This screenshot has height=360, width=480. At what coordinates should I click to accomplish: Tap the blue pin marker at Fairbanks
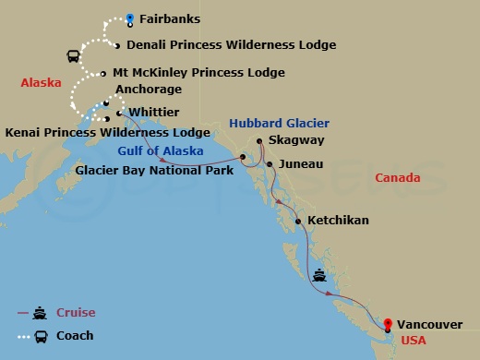(130, 17)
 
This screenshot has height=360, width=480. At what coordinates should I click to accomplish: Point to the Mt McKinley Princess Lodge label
(198, 72)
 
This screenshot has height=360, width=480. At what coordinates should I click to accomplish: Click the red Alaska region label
(41, 83)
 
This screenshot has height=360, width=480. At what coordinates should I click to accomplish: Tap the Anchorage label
(149, 90)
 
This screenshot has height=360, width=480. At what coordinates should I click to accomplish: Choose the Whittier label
(154, 112)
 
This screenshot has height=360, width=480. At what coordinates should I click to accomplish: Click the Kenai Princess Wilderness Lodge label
(108, 133)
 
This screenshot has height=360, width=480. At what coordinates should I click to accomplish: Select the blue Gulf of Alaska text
(155, 150)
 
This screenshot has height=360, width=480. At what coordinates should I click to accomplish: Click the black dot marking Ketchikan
(298, 222)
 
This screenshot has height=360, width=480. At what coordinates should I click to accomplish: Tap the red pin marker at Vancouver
(388, 324)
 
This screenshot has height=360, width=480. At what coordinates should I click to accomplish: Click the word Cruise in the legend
(76, 313)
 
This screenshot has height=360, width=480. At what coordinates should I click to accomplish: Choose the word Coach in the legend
(75, 336)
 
